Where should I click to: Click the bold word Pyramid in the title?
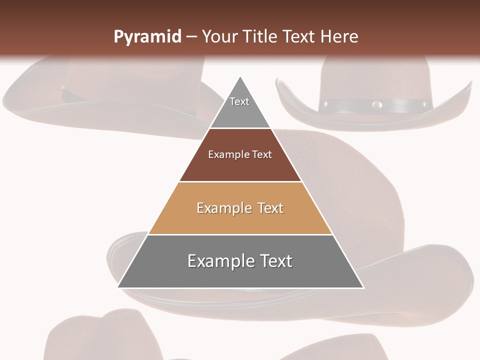[x=147, y=37]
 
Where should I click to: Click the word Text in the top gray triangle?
[x=239, y=101]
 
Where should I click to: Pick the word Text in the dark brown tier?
[x=262, y=154]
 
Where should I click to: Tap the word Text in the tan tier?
[x=270, y=208]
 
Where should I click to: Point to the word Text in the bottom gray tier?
[x=276, y=261]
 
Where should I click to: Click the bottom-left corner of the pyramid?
[x=118, y=287]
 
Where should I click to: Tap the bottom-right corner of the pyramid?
[x=363, y=287]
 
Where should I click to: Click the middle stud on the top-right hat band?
[x=377, y=105]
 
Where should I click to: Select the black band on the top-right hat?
[x=350, y=105]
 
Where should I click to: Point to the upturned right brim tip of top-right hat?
[x=469, y=84]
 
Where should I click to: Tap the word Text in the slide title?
[x=299, y=37]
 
